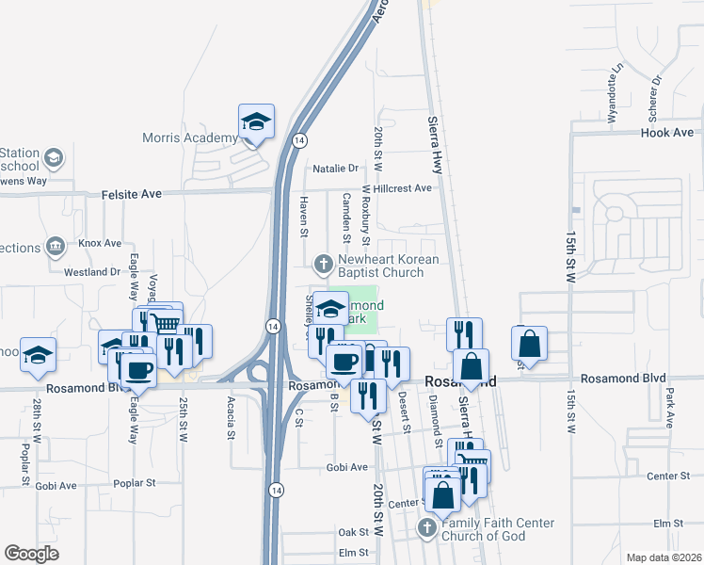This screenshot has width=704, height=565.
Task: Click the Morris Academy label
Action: [189, 138]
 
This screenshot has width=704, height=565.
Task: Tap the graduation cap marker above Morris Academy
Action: [256, 121]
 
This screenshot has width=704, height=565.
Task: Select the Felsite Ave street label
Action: [132, 193]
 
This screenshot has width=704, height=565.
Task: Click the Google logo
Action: [31, 554]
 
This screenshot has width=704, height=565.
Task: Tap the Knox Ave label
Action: [101, 243]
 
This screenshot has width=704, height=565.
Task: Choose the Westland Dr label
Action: [91, 272]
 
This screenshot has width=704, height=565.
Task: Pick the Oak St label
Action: [354, 532]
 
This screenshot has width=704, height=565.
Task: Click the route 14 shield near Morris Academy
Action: [299, 140]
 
